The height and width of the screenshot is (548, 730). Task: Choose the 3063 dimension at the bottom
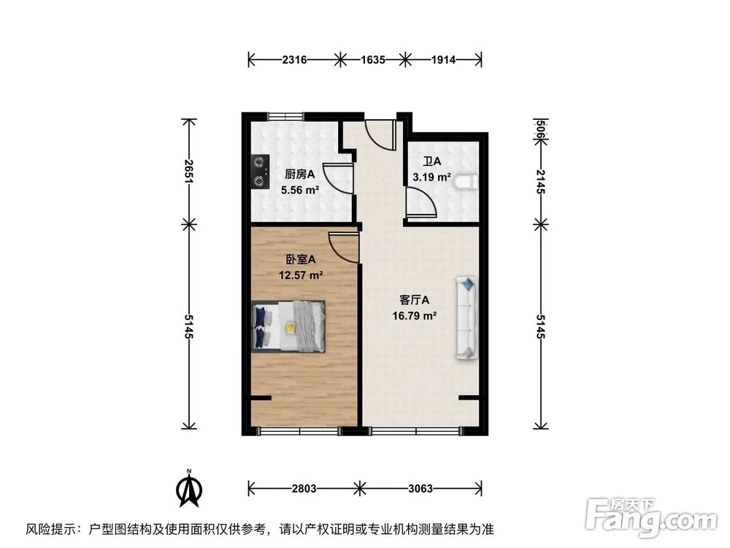pyautogui.click(x=420, y=488)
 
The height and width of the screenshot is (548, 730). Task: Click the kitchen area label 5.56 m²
pyautogui.click(x=301, y=190)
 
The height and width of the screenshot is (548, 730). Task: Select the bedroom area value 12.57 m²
pyautogui.click(x=301, y=275)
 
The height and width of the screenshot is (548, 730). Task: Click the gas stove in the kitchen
pyautogui.click(x=259, y=172)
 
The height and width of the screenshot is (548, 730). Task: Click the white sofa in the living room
pyautogui.click(x=466, y=318)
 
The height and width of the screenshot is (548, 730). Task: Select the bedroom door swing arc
pyautogui.click(x=344, y=248)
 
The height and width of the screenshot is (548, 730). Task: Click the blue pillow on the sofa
pyautogui.click(x=467, y=283)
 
